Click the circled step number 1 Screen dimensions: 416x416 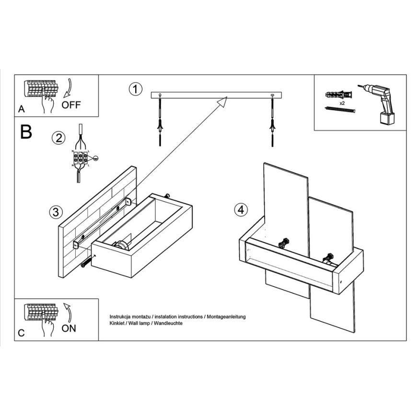point(136,89)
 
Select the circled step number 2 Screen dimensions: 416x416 point(58,138)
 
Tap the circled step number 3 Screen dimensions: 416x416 point(56,212)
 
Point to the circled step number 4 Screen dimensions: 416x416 point(241,209)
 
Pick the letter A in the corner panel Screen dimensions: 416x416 point(21,109)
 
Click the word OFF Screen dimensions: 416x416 point(71,105)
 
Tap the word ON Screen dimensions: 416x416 point(69,329)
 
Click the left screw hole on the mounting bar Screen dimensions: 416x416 point(160,96)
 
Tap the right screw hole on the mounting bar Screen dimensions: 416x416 point(272,96)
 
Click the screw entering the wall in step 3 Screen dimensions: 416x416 point(86,263)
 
